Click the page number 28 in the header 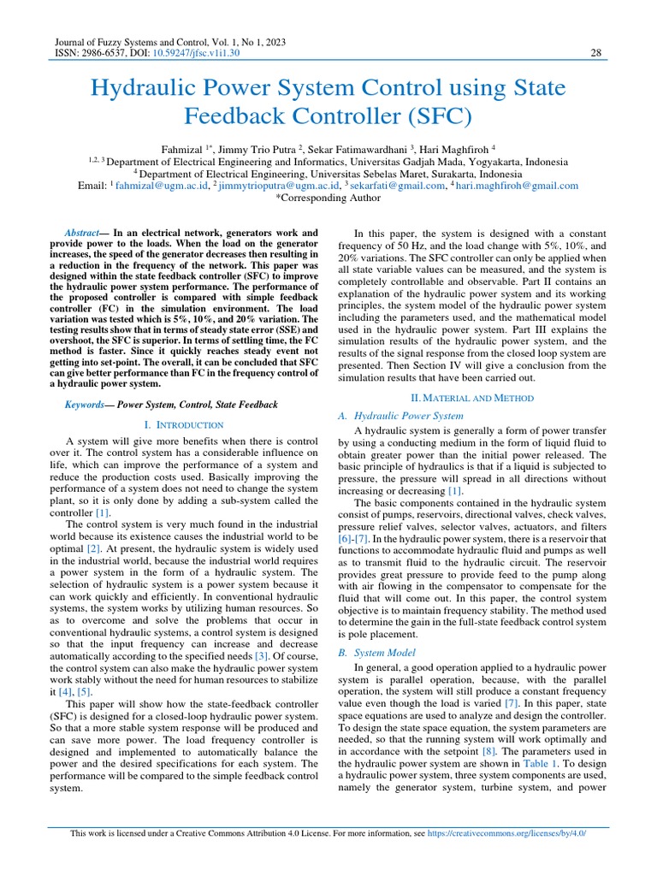click(x=597, y=53)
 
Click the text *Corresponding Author click(x=328, y=198)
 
